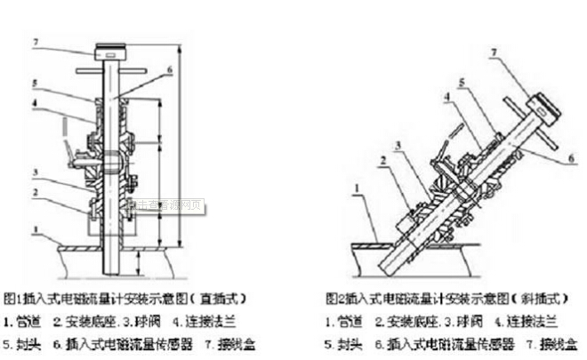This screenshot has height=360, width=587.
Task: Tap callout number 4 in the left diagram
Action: tap(35, 103)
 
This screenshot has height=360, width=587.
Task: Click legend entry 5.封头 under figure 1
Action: tap(22, 341)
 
